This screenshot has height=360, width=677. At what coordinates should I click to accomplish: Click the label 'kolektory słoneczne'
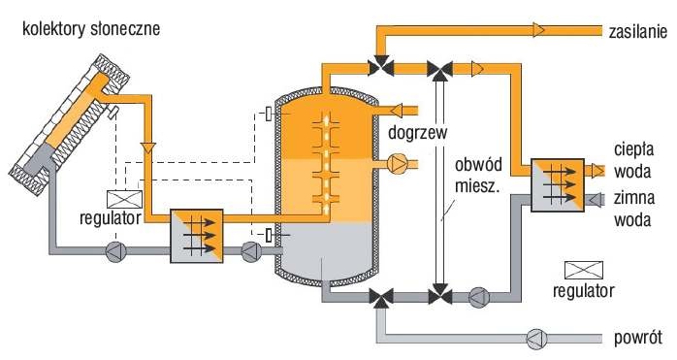[x=91, y=29]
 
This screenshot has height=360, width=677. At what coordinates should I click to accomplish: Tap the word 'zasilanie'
[x=637, y=32]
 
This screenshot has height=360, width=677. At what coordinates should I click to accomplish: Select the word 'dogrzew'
[x=417, y=132]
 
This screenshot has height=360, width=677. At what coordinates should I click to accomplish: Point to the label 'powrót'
[x=637, y=338]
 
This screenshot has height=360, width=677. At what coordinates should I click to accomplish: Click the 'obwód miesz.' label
[x=478, y=176]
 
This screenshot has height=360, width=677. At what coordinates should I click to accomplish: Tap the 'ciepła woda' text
[x=633, y=160]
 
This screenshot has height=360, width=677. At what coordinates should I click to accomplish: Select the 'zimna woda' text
[x=633, y=209]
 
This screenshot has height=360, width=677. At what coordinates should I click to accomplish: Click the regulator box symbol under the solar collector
[x=124, y=199]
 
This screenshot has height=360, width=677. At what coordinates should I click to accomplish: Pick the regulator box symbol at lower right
[x=584, y=270]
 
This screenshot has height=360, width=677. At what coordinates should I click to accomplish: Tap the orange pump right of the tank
[x=398, y=164]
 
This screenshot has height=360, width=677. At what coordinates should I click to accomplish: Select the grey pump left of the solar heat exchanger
[x=116, y=251]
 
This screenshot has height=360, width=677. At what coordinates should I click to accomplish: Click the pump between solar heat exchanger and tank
[x=251, y=251]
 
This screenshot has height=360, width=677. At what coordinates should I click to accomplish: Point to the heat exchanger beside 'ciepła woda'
[x=557, y=185]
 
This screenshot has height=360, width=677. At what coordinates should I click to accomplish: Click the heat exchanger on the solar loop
[x=197, y=236]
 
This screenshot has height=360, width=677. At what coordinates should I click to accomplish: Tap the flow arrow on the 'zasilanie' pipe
[x=538, y=30]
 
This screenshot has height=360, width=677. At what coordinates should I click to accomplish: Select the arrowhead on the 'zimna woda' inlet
[x=595, y=199]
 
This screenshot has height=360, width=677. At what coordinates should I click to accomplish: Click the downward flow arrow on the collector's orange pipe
[x=148, y=148]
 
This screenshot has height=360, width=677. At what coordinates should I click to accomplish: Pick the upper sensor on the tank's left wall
[x=270, y=114]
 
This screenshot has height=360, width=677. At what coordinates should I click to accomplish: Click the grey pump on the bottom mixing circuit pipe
[x=478, y=297]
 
